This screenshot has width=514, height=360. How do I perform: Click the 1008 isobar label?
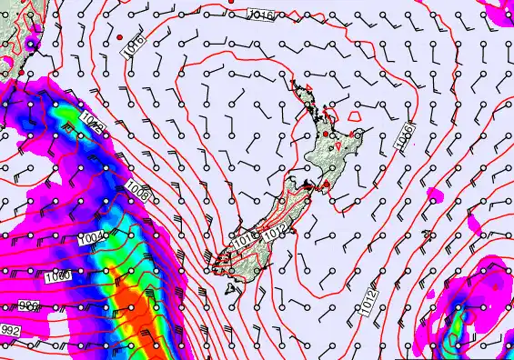(139, 193)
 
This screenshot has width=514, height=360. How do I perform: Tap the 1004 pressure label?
(92, 238)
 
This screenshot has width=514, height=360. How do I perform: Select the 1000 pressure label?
(57, 275)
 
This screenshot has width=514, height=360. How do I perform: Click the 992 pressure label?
(10, 330)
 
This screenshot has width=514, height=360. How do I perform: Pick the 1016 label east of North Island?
(404, 136)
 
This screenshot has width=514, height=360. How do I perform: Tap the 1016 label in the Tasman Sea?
(135, 45)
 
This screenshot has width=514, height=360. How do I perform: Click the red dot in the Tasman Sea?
(120, 35)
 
